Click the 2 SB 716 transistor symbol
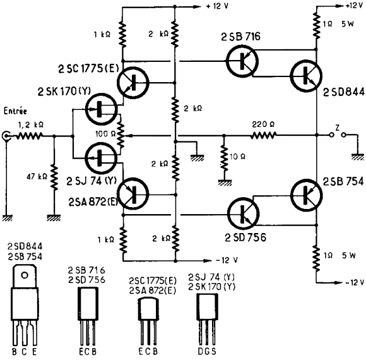tap(242, 61)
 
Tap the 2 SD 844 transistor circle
tap(306, 76)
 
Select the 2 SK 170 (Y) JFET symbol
tap(102, 109)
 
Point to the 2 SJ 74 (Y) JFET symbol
tap(101, 158)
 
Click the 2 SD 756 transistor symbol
tap(243, 213)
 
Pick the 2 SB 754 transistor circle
tap(307, 195)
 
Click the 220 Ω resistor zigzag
tap(264, 135)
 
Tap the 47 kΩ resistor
tap(54, 177)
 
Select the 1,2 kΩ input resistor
tap(29, 136)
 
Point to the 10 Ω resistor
tap(224, 159)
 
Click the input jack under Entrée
tap(6, 136)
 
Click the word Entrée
tap(15, 111)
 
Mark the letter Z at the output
tap(337, 128)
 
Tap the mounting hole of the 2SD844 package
tap(25, 275)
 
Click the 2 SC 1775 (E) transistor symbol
tap(133, 83)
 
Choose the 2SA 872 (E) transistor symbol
tap(133, 194)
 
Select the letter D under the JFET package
tap(201, 351)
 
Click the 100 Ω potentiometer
tap(121, 135)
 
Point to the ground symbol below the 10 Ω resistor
tap(225, 183)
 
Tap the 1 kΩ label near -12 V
tap(106, 239)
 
